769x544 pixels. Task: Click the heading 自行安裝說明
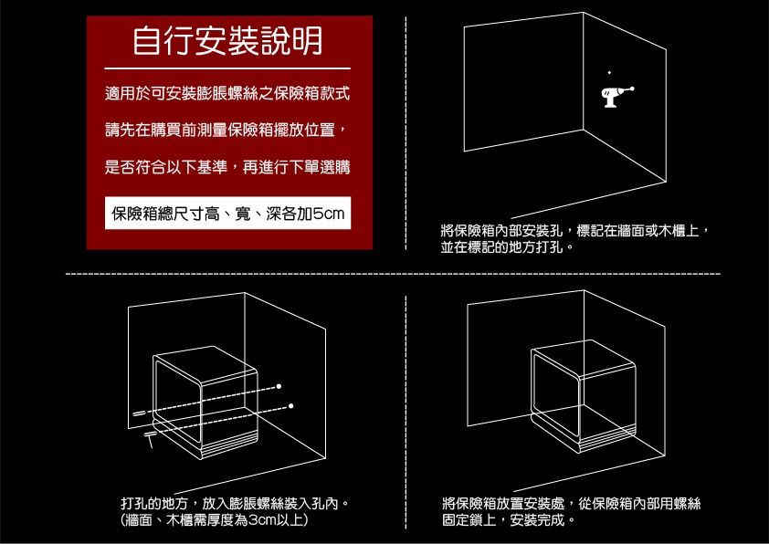click(x=226, y=41)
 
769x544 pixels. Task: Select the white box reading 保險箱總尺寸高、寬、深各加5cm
click(x=226, y=214)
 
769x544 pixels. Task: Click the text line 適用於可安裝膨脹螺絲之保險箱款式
click(x=226, y=95)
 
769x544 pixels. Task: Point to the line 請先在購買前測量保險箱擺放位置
click(x=226, y=131)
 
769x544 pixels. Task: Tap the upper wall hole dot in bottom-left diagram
click(x=279, y=384)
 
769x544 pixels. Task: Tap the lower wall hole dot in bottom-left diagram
click(x=291, y=403)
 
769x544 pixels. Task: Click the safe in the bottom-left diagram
click(x=205, y=402)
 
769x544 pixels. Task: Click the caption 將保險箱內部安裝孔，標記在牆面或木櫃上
click(x=574, y=230)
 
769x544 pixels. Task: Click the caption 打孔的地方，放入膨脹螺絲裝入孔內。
click(x=237, y=503)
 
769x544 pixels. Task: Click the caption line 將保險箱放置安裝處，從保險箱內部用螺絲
click(x=571, y=503)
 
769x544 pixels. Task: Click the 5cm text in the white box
click(x=327, y=214)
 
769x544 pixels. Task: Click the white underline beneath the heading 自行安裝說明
click(x=226, y=68)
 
